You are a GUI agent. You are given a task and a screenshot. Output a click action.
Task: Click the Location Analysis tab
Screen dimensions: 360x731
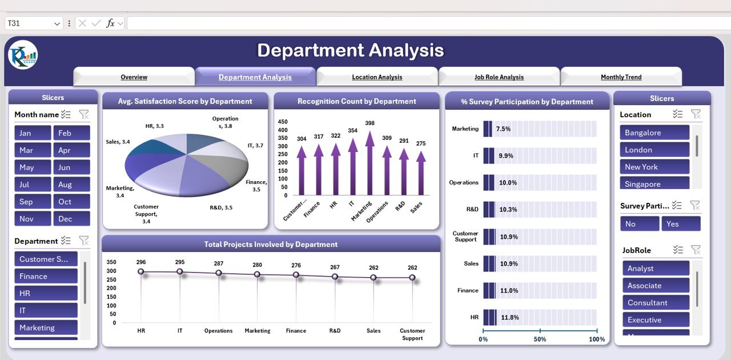[377, 77]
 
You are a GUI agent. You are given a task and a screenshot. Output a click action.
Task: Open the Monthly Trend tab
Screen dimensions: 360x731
[621, 77]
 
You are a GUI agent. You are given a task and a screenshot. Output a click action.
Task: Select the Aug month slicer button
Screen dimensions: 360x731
[71, 185]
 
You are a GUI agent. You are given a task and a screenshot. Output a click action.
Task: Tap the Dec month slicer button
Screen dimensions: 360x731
[71, 219]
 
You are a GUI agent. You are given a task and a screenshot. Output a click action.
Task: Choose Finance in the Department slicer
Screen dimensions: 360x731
[46, 277]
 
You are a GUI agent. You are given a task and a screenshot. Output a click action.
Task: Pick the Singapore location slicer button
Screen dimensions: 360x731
[654, 184]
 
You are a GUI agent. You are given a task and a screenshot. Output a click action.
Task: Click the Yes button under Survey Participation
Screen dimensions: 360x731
[681, 224]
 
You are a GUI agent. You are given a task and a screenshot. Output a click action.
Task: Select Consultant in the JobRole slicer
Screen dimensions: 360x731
[656, 303]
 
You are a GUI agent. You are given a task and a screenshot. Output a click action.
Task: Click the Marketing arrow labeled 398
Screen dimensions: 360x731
[370, 163]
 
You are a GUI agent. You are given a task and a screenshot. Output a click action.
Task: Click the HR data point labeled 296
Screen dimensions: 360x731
[141, 272]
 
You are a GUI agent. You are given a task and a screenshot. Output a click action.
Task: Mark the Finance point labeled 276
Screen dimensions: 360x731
[296, 275]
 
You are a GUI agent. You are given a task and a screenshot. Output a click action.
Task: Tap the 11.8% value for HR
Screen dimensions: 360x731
[510, 317]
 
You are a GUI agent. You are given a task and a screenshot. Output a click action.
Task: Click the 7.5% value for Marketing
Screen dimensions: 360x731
[503, 129]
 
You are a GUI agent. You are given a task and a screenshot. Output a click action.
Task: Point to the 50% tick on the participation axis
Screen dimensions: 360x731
[540, 339]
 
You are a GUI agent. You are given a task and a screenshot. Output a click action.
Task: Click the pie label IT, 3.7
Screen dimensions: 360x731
[255, 146]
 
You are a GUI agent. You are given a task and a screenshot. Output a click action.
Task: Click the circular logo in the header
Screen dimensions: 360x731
[23, 55]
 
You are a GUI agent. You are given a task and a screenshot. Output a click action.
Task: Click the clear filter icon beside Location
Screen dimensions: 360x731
[696, 114]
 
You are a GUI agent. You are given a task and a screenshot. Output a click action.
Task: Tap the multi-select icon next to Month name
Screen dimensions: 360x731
[66, 114]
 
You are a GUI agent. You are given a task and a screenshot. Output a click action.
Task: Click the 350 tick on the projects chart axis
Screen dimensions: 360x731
[111, 261]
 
